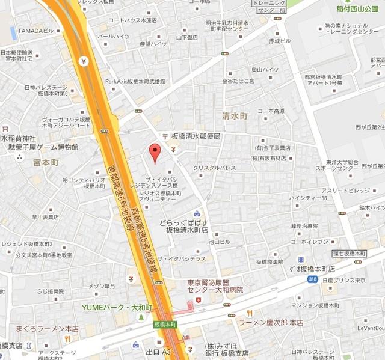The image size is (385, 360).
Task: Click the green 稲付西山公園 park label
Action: pos(359,9)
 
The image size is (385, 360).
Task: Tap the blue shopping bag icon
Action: pos(197,213)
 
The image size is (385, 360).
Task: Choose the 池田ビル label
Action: pos(220,241)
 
